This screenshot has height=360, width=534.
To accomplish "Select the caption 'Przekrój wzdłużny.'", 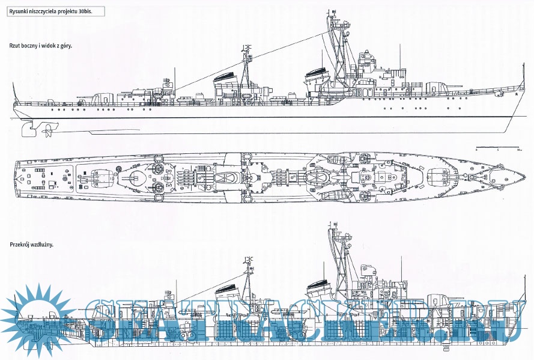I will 32,245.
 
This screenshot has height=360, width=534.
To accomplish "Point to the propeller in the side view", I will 46,129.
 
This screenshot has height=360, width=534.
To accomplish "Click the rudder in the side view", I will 25,128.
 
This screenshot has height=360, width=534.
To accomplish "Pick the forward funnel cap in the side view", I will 317,74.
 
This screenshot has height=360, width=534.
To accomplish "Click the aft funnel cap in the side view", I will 226,77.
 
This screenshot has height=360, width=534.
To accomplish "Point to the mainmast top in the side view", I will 245,47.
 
